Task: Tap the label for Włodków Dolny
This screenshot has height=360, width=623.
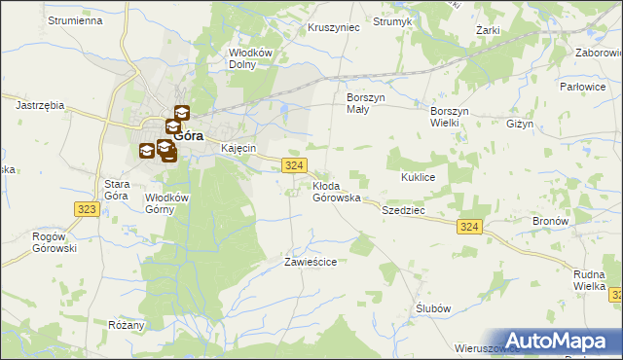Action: point(248,59)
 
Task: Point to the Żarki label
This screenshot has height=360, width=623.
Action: point(488,30)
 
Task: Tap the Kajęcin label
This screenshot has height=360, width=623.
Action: point(238,148)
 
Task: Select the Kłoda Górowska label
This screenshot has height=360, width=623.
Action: point(337,192)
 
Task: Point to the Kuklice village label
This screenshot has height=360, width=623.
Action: point(423,178)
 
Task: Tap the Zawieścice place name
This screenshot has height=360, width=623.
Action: point(311,262)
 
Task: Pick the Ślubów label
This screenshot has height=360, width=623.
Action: point(433,307)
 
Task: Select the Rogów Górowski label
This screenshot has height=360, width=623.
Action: point(54,242)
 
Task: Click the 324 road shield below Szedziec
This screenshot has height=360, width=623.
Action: point(469,227)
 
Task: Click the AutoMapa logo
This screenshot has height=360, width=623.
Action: point(557,341)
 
